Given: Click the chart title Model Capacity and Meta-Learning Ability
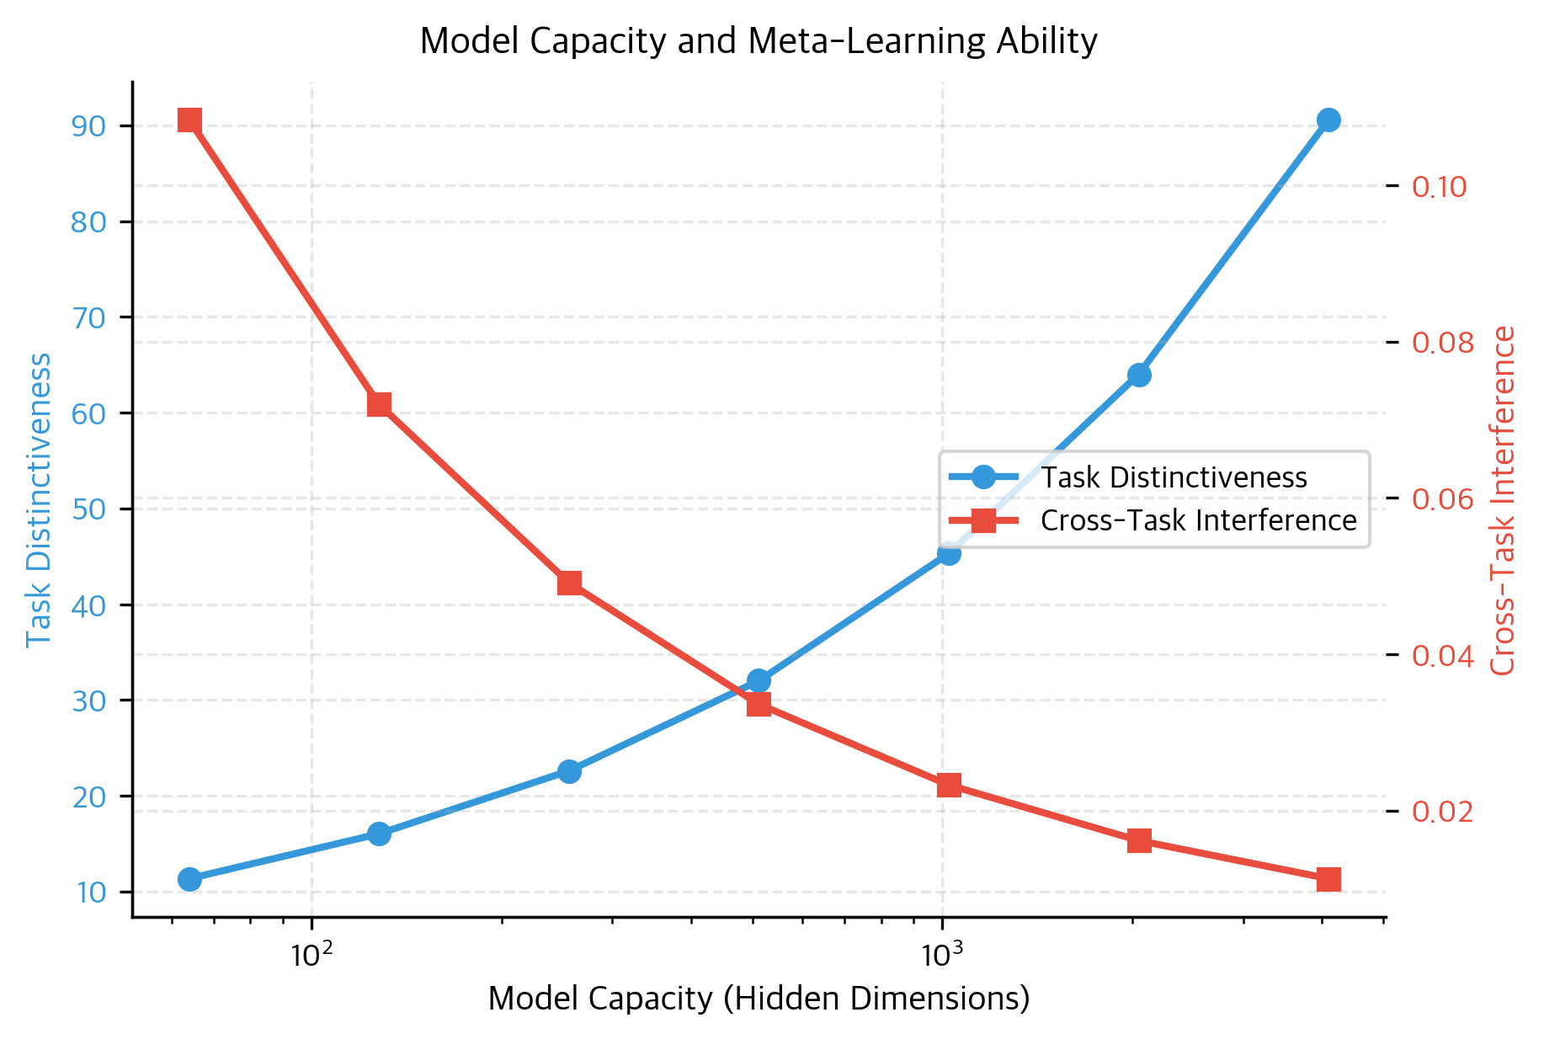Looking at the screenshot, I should coord(758,40).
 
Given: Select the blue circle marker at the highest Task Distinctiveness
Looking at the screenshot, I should coord(1328,120).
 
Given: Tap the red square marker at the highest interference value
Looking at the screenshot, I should coord(189,120).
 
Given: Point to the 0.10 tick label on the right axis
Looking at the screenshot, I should coord(1439,186).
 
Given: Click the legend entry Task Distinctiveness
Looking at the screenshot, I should coord(1174,477).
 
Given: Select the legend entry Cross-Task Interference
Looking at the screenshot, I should coord(1198,520).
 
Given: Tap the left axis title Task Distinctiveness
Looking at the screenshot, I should coord(40,499).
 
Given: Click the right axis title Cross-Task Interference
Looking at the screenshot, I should coord(1503,500).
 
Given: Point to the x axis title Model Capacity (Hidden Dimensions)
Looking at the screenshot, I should coord(758,999).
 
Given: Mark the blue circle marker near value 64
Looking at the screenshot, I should coord(1139,375).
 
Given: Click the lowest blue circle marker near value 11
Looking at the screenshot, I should coord(189,879).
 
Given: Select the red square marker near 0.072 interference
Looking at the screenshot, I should coord(380,405).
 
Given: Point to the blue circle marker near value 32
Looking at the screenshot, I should coord(759,680).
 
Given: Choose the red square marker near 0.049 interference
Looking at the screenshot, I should coord(569,583).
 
